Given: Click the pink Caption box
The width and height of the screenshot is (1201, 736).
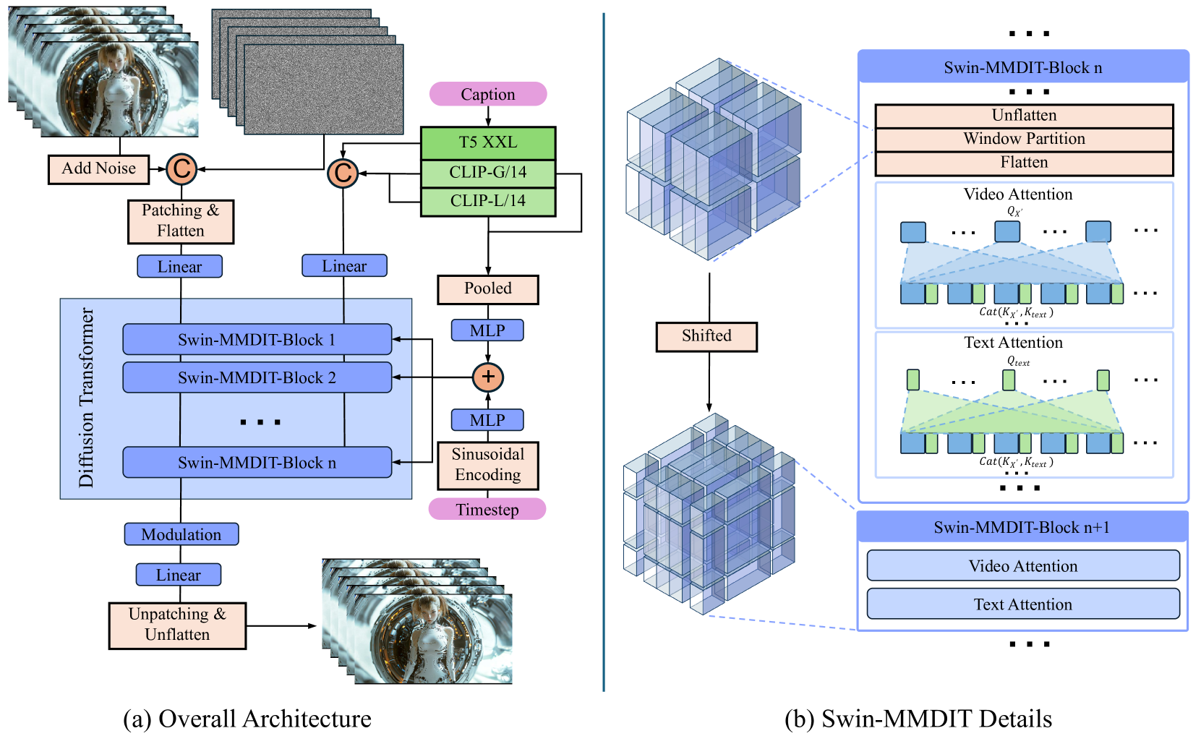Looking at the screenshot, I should click(x=487, y=94).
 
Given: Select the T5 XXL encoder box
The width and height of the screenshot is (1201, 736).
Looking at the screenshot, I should click(x=487, y=142).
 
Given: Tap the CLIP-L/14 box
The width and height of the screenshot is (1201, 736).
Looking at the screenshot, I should click(x=487, y=201).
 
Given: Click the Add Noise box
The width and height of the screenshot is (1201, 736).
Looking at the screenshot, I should click(x=98, y=168).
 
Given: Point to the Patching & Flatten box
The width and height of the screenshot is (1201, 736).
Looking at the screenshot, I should click(x=181, y=221).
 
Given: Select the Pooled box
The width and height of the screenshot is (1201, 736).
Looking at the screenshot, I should click(x=487, y=288).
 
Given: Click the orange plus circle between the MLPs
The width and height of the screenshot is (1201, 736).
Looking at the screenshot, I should click(x=487, y=377).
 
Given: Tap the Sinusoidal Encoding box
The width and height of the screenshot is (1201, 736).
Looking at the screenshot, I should click(x=487, y=465).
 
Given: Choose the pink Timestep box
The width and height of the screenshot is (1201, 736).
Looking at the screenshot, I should click(x=487, y=509).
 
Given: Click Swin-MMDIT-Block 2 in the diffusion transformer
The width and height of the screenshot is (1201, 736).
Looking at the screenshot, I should click(x=257, y=377).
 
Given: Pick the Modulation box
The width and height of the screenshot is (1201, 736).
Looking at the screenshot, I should click(x=181, y=534).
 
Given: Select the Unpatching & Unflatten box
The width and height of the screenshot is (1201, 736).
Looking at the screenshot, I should click(x=177, y=625).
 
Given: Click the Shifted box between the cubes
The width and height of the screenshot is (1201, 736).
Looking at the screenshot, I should click(x=706, y=336).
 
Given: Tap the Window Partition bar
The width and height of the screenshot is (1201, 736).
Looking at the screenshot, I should click(x=1023, y=139).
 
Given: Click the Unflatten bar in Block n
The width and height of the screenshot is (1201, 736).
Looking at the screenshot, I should click(x=1023, y=116).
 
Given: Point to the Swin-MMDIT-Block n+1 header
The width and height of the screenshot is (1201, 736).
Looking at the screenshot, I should click(x=1022, y=527).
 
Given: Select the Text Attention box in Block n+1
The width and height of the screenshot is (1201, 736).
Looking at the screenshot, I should click(x=1022, y=604).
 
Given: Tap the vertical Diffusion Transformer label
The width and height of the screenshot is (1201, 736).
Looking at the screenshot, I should click(x=86, y=398).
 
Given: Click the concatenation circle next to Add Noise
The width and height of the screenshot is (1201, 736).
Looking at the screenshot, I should click(x=181, y=169).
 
